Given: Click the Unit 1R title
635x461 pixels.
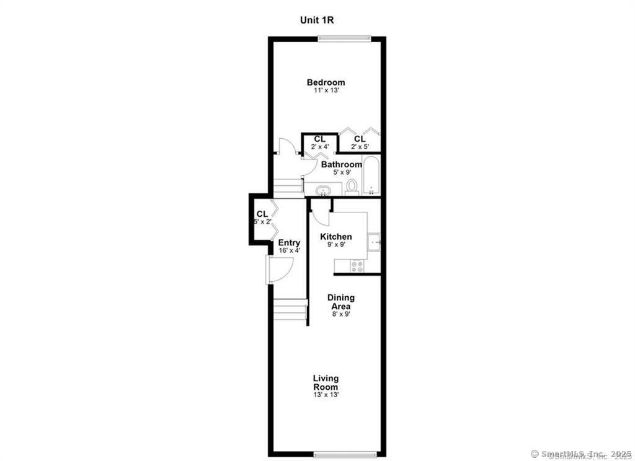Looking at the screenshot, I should [317, 19].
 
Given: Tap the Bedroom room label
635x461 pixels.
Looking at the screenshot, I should [326, 82].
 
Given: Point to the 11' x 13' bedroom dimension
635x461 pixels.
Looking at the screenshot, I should [326, 90].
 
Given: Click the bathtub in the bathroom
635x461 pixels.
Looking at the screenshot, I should [371, 175].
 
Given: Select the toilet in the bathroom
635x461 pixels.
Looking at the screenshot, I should [352, 186].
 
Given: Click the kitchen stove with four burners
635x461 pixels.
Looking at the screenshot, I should [358, 266].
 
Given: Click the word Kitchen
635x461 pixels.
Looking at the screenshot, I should [335, 237].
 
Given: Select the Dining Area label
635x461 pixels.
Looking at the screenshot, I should [340, 302].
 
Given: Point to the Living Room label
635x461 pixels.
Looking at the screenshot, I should [326, 382].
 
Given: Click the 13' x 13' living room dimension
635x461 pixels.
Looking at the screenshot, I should [326, 394].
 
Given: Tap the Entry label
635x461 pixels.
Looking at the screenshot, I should [289, 242].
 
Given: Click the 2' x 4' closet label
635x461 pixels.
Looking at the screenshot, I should [319, 147].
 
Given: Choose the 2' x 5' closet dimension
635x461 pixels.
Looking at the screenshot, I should [360, 147].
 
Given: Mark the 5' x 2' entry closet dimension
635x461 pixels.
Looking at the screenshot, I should [262, 222].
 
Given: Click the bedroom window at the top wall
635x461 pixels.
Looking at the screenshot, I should [345, 38].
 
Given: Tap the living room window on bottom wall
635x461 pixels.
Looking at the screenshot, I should [345, 453].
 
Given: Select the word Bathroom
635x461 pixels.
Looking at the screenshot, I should [341, 164].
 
